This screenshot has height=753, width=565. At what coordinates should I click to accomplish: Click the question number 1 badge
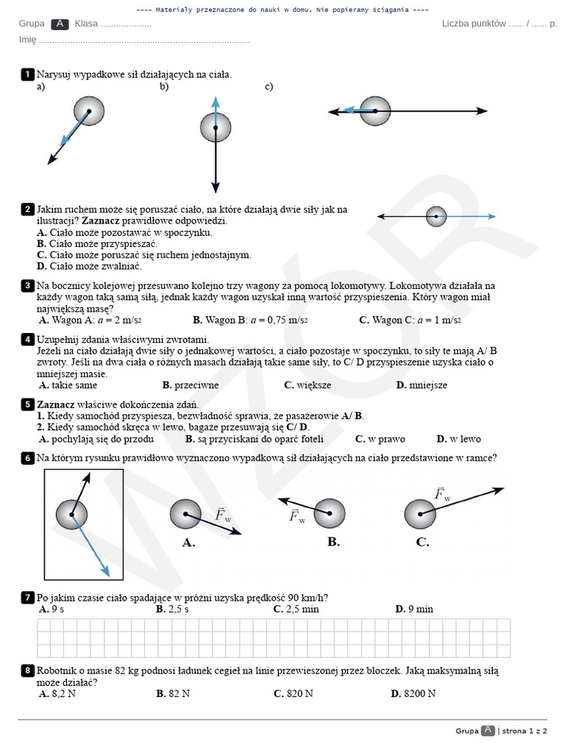coord(27,74)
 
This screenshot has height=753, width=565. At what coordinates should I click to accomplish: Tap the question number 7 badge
coord(27,597)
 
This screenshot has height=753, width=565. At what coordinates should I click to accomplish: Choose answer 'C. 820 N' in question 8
coord(293,693)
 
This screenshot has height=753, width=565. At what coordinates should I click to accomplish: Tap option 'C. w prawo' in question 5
coord(380,439)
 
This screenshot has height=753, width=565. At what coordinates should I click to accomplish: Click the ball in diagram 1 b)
coord(215,128)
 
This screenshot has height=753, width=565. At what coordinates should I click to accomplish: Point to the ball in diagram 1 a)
coord(89,111)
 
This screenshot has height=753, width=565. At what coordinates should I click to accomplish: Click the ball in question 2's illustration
coord(436,216)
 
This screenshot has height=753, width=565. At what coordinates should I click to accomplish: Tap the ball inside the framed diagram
coord(71,514)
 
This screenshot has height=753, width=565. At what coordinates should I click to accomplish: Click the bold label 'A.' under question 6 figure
coord(188,543)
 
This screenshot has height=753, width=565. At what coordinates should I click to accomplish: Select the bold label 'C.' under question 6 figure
coord(422,543)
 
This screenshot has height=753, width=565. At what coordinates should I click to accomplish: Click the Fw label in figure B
coord(297,517)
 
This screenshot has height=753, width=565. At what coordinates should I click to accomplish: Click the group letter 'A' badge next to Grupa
coord(60,24)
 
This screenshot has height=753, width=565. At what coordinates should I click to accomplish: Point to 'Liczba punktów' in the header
coord(473,24)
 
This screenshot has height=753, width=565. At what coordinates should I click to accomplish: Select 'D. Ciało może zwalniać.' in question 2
coord(88,266)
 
